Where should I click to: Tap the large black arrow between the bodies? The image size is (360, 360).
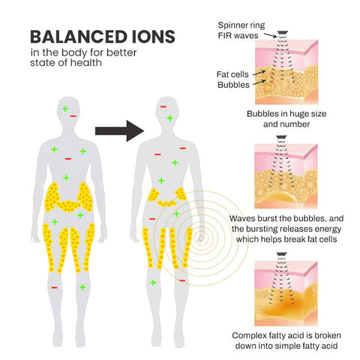click(x=119, y=130)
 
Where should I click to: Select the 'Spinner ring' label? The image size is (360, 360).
click(x=241, y=25)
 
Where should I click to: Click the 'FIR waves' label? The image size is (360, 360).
click(x=238, y=35)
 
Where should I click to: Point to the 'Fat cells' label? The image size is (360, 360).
click(x=232, y=74)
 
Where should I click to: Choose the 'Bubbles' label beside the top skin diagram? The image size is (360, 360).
click(x=233, y=85)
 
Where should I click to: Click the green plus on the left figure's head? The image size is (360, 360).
click(x=65, y=109)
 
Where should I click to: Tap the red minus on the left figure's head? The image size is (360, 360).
click(x=73, y=116)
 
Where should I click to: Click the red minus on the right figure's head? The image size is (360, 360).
click(x=163, y=106)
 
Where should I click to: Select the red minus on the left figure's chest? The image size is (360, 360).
click(x=68, y=159)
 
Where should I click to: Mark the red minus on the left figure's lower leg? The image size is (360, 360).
click(x=54, y=288)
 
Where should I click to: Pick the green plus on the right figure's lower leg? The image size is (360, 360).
click(x=153, y=283)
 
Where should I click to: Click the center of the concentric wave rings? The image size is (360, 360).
click(x=201, y=238)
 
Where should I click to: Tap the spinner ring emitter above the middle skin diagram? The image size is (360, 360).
click(x=281, y=137)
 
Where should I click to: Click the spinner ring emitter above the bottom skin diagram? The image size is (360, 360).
click(x=281, y=254)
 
